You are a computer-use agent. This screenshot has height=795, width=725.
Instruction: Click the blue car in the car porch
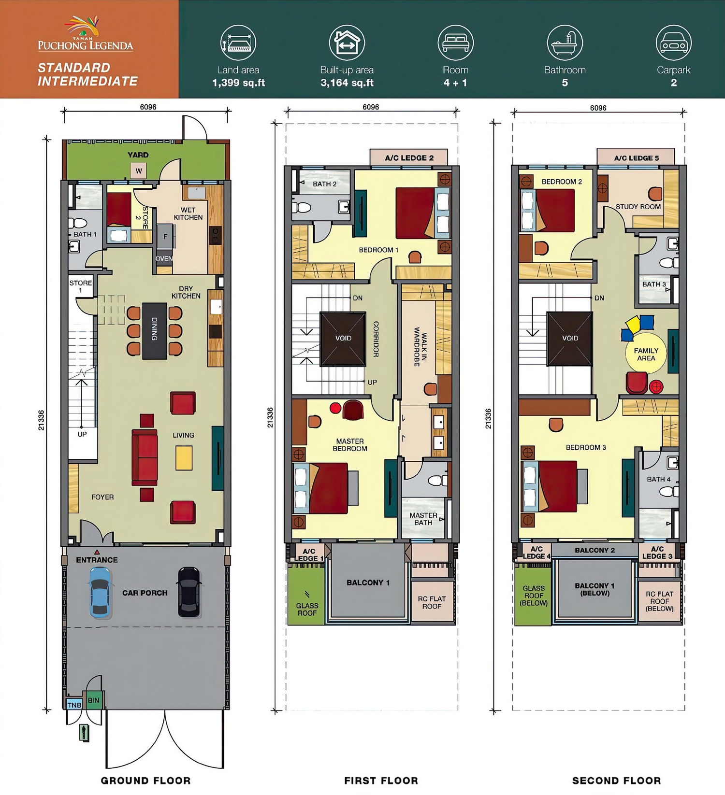(x=100, y=592)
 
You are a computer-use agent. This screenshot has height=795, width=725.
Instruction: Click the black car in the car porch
(x=189, y=592)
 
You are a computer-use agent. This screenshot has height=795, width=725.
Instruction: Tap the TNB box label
(x=74, y=705)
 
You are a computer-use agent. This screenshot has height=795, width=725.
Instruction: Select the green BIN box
(x=94, y=700)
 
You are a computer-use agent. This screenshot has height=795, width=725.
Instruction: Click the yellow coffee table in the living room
(x=184, y=457)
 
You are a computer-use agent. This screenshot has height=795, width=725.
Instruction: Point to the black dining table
(x=155, y=331)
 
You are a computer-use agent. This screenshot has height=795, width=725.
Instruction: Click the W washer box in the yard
(x=139, y=170)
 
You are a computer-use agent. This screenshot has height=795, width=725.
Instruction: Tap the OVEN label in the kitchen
(x=164, y=258)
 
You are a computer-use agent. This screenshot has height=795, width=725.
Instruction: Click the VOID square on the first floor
(x=343, y=338)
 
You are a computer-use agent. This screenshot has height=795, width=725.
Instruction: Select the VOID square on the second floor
(x=570, y=338)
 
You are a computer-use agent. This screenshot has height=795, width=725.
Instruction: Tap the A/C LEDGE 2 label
(x=409, y=158)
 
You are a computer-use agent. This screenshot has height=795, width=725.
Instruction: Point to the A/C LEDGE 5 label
(x=636, y=158)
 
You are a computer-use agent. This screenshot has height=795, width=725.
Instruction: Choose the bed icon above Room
(x=455, y=43)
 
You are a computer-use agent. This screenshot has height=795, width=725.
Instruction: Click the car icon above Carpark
(x=673, y=43)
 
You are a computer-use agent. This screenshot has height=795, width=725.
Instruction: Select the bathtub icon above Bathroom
(x=565, y=43)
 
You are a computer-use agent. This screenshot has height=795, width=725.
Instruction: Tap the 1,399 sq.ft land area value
(x=238, y=83)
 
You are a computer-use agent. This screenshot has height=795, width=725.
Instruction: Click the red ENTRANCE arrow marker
(x=97, y=552)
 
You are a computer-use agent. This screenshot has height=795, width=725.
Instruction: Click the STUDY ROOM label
(x=638, y=207)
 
